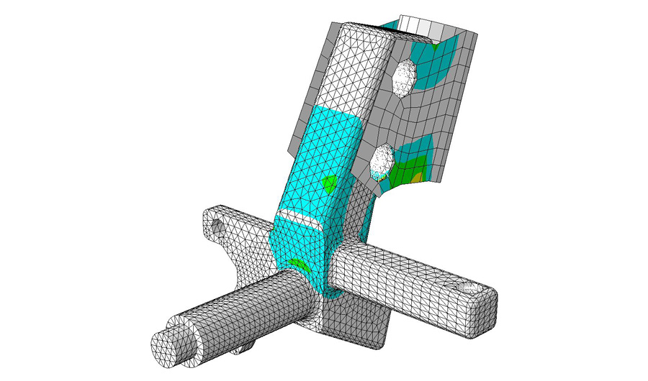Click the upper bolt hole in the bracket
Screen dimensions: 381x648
(404, 75)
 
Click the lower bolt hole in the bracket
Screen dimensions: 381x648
(381, 161)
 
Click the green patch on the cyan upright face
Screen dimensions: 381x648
(329, 183)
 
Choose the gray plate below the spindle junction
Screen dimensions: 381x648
(353, 323)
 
